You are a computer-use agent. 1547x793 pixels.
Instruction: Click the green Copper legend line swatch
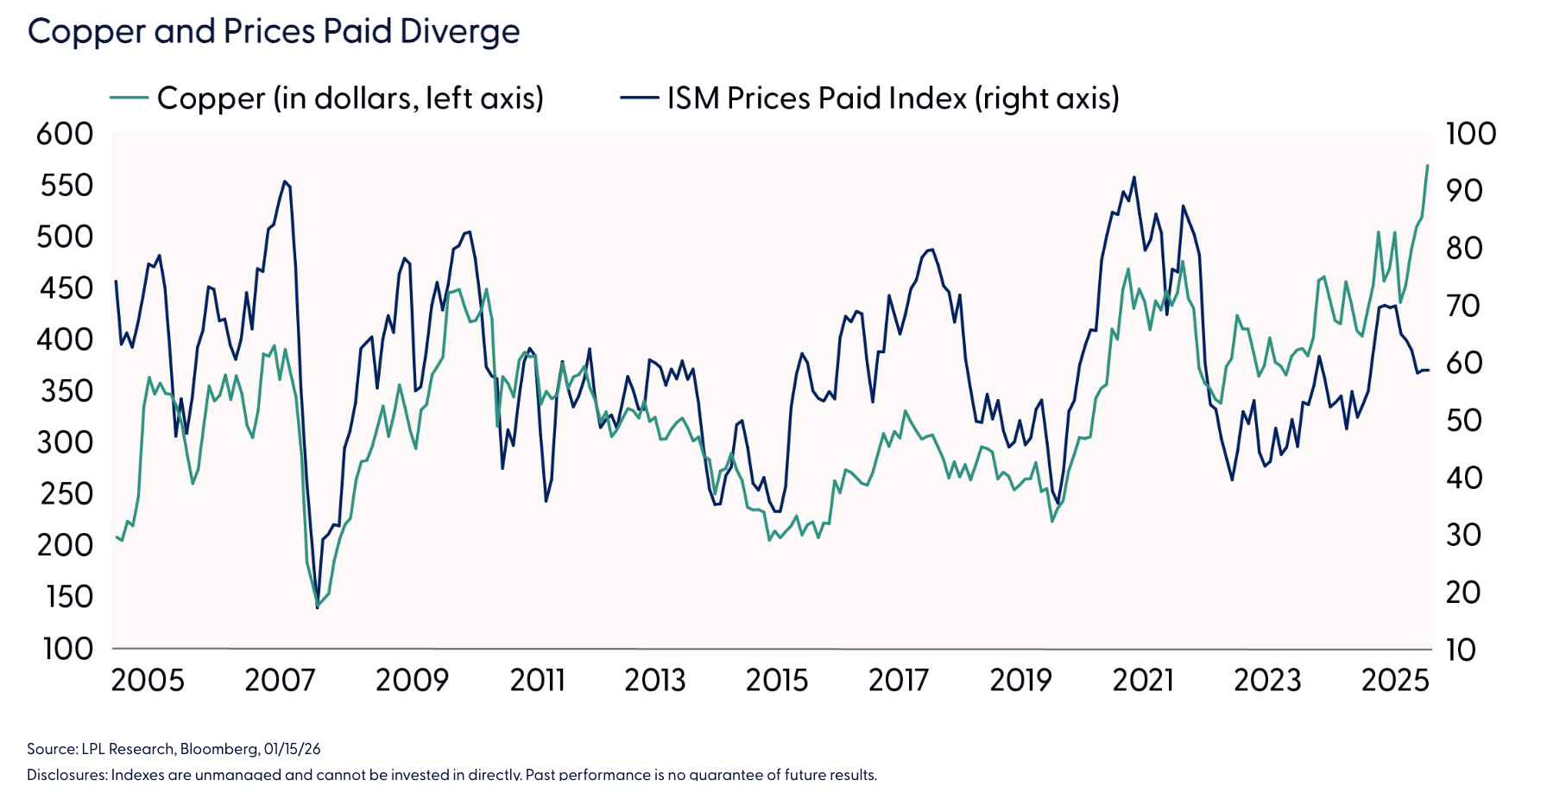(129, 98)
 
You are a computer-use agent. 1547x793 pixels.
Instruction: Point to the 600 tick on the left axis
(65, 134)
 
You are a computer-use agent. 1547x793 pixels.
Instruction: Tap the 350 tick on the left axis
(66, 391)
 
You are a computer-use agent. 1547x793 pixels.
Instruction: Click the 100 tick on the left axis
(67, 649)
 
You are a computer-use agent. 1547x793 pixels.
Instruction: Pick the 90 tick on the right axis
(1464, 191)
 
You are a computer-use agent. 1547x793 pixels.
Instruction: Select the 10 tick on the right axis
(1461, 650)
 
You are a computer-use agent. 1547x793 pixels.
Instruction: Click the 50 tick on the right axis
(1464, 421)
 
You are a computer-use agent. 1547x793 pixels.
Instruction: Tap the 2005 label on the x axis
(148, 681)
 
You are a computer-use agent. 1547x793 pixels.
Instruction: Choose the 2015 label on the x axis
(776, 681)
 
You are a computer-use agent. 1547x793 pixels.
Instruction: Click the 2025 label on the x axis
(1394, 681)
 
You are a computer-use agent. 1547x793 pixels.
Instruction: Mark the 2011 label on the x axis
(537, 681)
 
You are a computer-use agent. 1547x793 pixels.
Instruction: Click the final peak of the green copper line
(1427, 165)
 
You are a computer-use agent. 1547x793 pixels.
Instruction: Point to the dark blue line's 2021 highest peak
(1133, 178)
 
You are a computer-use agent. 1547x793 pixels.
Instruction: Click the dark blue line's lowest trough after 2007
(318, 607)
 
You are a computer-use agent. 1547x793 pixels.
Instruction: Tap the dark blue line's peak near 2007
(284, 181)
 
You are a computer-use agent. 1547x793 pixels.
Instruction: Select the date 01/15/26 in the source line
(292, 749)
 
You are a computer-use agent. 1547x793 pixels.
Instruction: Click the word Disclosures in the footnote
(66, 774)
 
